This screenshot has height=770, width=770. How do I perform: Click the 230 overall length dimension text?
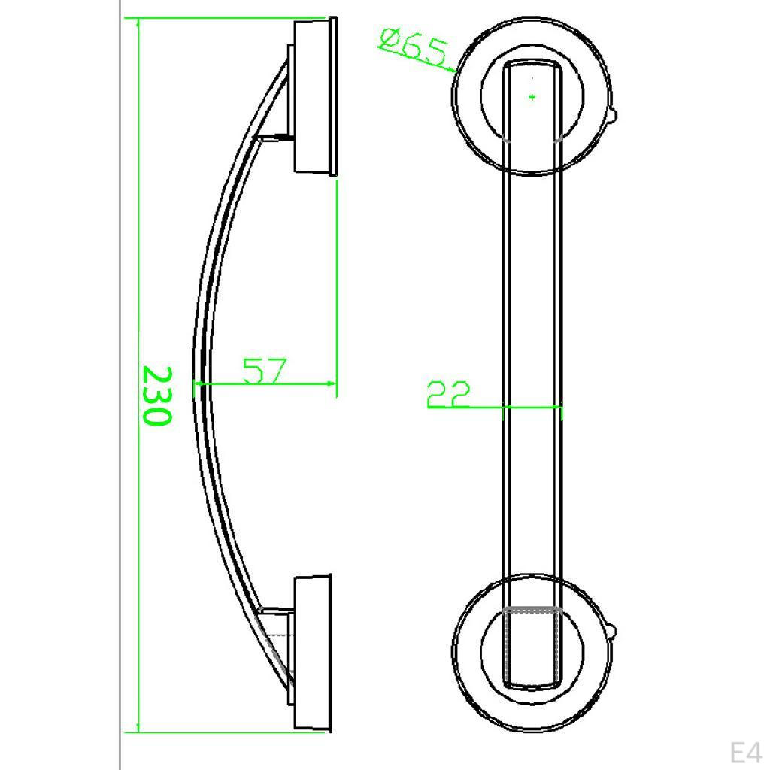tap(156, 396)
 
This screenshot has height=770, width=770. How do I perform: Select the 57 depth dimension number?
tap(265, 371)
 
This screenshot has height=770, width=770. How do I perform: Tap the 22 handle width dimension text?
tap(448, 395)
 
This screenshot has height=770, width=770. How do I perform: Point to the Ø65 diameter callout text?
tap(414, 47)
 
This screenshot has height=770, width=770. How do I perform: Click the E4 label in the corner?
tap(746, 752)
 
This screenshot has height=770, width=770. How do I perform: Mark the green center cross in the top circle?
tap(532, 97)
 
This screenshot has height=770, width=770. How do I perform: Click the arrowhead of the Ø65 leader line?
tap(453, 71)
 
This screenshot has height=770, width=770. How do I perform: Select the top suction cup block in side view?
tap(313, 96)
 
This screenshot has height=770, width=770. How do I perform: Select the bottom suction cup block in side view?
tap(312, 653)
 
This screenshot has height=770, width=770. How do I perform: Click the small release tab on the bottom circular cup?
tap(614, 630)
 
